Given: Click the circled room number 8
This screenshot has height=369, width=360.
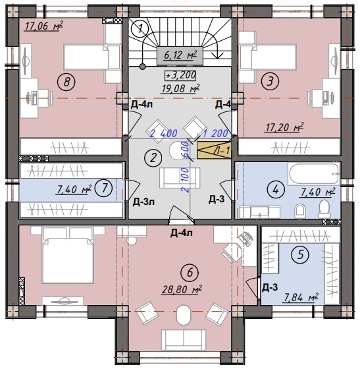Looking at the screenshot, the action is point(66,82).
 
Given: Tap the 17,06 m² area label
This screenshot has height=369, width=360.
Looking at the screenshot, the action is point(43,26).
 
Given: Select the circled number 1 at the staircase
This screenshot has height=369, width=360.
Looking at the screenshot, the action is point(140,29).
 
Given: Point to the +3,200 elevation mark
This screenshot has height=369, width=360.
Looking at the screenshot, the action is point(180,75).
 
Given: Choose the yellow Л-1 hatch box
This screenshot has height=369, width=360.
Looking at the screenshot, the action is point(215,150).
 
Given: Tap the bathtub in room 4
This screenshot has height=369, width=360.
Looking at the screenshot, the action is point(314,175).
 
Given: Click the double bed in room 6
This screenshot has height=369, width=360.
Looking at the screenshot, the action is point(68,254).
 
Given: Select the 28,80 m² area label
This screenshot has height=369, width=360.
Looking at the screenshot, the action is point(182,289).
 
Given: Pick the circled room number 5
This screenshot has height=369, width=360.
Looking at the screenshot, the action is point(300,254).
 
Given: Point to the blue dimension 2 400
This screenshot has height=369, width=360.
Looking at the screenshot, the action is point(164,133).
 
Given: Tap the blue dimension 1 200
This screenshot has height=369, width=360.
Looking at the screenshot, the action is point(215,133).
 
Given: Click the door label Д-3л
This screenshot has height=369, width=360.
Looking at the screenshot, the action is point(143,202).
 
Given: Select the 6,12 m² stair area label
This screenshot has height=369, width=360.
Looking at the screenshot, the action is point(180,55).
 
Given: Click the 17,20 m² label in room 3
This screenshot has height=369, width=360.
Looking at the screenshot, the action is point(284,128).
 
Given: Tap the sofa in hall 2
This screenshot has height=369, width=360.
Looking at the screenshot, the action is point(180,178).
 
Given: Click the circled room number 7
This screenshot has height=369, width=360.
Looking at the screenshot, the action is point(104,188).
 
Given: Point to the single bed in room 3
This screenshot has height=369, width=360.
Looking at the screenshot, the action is point(268,57).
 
